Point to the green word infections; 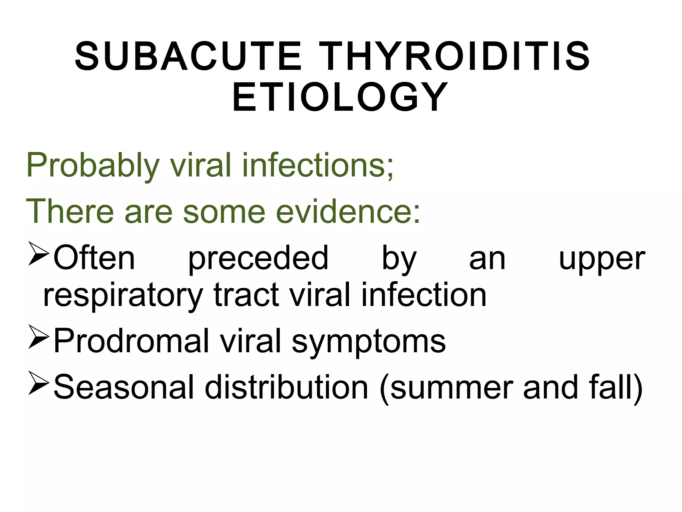(318, 165)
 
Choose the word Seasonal (124, 387)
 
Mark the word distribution (286, 387)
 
